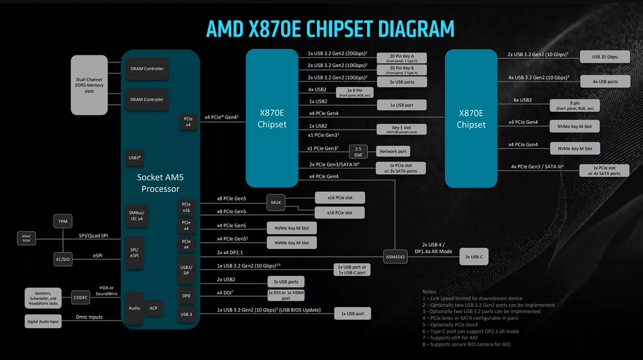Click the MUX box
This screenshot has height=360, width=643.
[x=276, y=203]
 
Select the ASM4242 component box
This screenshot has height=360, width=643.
[x=395, y=257]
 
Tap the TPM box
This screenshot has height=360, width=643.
[x=63, y=221]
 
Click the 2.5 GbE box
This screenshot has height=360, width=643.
[x=358, y=152]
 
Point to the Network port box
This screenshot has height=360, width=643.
[x=393, y=151]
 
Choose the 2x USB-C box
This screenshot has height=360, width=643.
[x=474, y=257]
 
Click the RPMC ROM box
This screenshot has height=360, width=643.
[x=26, y=238]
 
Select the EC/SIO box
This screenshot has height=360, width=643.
[x=63, y=259]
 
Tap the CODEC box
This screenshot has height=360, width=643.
[x=80, y=298]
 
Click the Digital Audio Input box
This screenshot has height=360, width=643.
[x=43, y=321]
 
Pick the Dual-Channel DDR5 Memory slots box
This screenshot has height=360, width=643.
[x=89, y=85]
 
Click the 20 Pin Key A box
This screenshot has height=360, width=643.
[x=402, y=58]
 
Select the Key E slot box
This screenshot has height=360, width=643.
[x=401, y=129]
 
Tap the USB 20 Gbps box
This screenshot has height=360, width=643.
[x=605, y=57]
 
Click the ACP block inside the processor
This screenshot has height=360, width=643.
[x=153, y=308]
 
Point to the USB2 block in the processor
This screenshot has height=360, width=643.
[x=135, y=157]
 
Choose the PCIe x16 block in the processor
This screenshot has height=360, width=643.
[x=186, y=207]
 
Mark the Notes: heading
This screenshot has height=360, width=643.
[x=430, y=292]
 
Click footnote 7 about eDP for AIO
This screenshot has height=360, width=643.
[x=450, y=338]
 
